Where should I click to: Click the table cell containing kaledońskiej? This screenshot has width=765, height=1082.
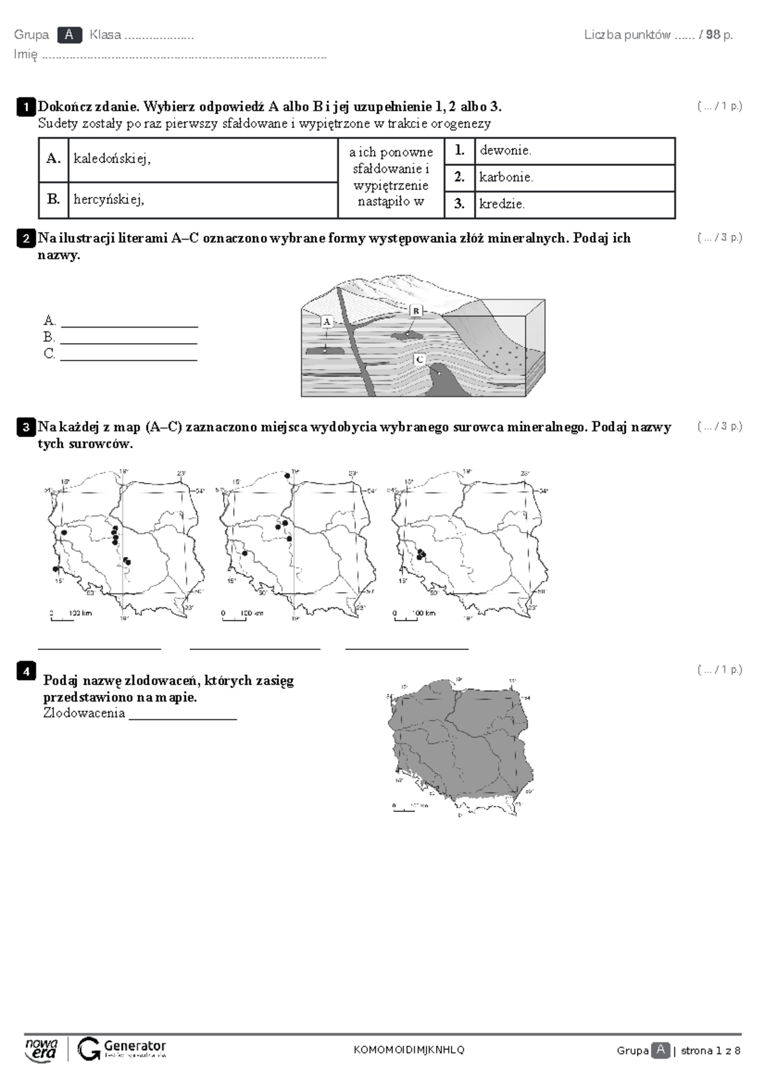point(203,159)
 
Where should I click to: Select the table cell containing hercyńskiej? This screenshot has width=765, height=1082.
point(203,199)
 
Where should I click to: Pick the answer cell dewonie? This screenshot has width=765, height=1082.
point(574,151)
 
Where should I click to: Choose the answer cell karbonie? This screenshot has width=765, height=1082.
point(574,178)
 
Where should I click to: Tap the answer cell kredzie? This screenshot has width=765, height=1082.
point(574,205)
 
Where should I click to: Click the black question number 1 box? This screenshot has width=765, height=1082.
point(25,107)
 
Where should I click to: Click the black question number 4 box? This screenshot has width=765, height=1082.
point(25,671)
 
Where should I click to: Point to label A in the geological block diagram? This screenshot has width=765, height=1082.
point(326,322)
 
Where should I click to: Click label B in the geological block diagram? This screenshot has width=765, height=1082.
point(416,310)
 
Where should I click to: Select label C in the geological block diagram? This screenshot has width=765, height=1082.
point(419,359)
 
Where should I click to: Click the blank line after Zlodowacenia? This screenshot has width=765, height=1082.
point(182,718)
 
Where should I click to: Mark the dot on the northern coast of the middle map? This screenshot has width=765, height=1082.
point(288,475)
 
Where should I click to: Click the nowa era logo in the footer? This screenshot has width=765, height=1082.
point(41,1050)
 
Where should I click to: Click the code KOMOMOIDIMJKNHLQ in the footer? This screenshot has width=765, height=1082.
point(409,1050)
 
